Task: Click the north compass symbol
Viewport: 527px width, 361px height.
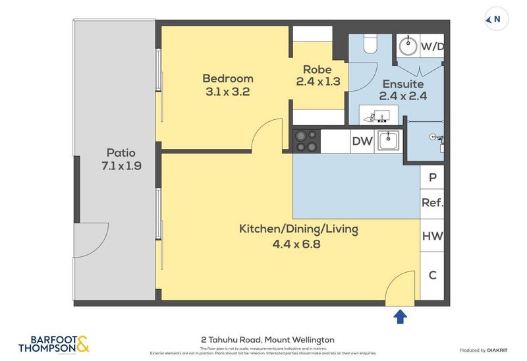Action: (493, 20)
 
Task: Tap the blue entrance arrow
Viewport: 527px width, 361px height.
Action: (399, 317)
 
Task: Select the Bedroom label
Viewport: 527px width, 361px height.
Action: (227, 79)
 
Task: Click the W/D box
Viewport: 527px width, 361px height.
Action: (431, 47)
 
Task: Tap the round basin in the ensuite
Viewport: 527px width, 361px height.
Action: (407, 46)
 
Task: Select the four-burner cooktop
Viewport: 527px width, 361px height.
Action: (305, 141)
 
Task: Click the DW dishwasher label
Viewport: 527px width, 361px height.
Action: (362, 141)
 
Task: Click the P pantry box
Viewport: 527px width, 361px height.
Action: (432, 177)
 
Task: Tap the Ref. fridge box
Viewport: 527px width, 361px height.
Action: (432, 203)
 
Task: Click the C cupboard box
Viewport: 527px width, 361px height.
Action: (432, 275)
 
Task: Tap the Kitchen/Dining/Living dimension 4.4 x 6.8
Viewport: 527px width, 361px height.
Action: (298, 244)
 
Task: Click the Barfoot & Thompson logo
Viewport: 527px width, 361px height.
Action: (54, 344)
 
